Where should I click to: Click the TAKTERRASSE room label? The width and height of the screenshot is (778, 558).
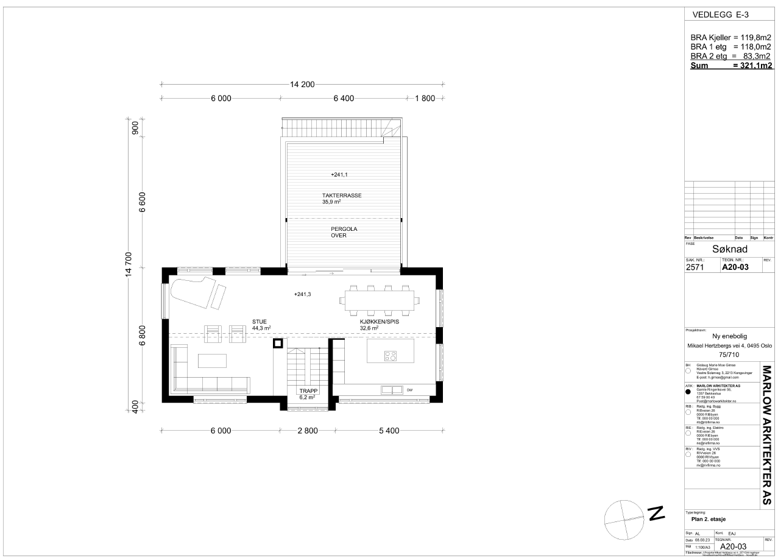pos(342,196)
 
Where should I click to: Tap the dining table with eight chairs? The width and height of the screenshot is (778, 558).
pos(379,298)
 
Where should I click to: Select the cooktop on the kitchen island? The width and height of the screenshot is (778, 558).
pos(390,356)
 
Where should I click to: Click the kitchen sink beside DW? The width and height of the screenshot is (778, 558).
pos(391,390)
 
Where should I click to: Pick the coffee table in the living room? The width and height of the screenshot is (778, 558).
pos(212,361)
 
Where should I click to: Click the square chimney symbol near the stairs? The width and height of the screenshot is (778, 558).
pos(277,343)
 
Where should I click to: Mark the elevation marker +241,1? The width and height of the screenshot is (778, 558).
pos(339,175)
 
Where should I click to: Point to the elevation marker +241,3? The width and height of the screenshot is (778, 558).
pos(302,294)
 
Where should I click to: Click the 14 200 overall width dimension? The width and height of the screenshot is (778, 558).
pos(299,85)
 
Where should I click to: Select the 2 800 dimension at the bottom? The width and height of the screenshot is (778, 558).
pos(308,431)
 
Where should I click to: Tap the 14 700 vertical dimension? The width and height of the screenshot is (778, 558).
pos(128,267)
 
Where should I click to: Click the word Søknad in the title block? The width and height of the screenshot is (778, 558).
pos(729,249)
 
